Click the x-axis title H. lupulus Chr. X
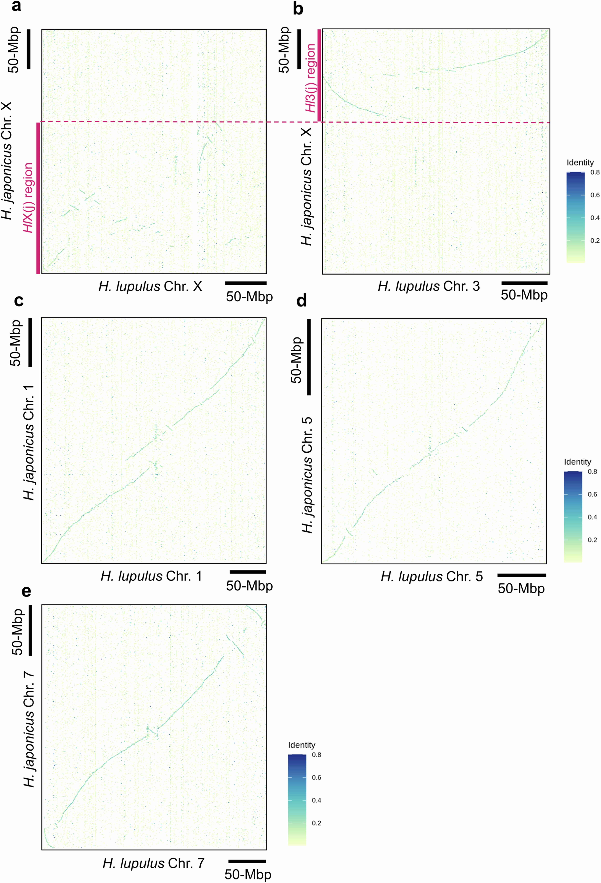point(150,286)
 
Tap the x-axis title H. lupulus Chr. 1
point(151,576)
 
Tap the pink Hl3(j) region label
point(311,78)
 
